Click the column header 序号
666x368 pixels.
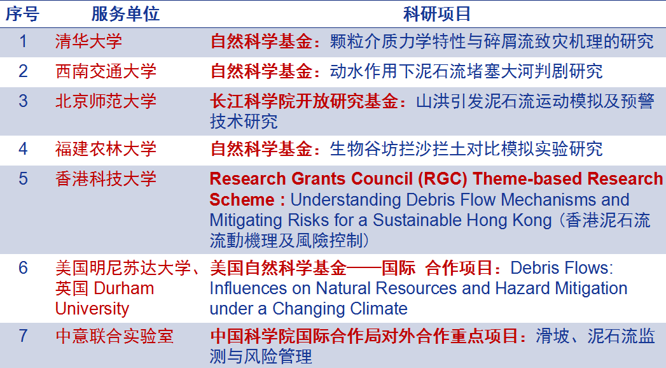click(22, 14)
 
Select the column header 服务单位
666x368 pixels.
click(125, 14)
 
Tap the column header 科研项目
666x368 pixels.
click(437, 14)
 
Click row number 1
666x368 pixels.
click(23, 41)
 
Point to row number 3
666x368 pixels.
click(23, 101)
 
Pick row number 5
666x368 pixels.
click(23, 178)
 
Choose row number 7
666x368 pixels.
click(23, 336)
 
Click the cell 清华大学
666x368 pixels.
click(89, 41)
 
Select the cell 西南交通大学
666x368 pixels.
click(106, 71)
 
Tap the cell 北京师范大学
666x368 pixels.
click(106, 101)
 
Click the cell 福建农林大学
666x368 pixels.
click(106, 149)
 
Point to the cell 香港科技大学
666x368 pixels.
click(106, 178)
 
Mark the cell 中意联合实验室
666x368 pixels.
click(114, 336)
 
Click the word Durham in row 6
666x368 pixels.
click(123, 288)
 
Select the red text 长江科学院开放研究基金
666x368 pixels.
click(304, 101)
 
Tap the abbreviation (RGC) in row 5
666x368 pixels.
click(442, 179)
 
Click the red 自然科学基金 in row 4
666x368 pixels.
click(261, 149)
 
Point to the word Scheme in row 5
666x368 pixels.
click(242, 200)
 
